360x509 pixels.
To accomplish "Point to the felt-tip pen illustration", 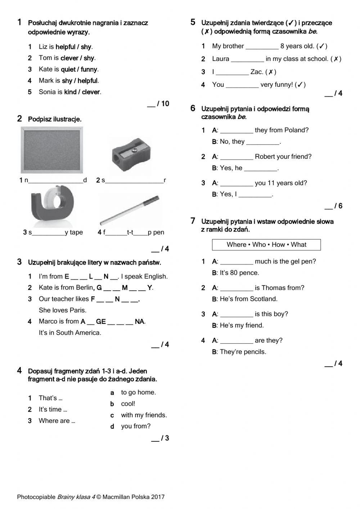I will pyautogui.click(x=130, y=210).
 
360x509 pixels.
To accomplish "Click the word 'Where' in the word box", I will pyautogui.click(x=236, y=245).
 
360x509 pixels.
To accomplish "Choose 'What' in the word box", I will pyautogui.click(x=298, y=245).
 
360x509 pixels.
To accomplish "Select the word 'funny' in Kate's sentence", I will pyautogui.click(x=89, y=69).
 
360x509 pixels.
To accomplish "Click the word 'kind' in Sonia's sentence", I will pyautogui.click(x=70, y=92).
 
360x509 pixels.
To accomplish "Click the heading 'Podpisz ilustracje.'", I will pyautogui.click(x=55, y=119).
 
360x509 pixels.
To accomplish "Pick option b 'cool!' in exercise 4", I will pyautogui.click(x=128, y=404).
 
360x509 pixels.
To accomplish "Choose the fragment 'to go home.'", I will pyautogui.click(x=138, y=392).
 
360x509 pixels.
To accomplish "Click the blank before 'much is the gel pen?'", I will pyautogui.click(x=236, y=262).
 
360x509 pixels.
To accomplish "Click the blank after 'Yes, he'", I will pyautogui.click(x=261, y=168).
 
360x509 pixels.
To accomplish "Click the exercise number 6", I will pyautogui.click(x=193, y=108).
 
